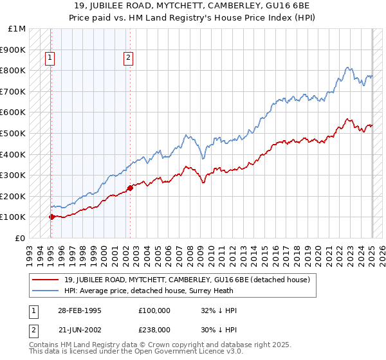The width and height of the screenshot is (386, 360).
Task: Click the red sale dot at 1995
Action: [x=51, y=217]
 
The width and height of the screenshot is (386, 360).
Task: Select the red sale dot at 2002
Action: [x=130, y=188]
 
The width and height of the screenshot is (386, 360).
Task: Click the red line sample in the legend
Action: [x=47, y=280]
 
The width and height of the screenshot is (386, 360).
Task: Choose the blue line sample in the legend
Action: [x=47, y=291]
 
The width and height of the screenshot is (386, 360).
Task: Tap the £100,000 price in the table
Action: [x=154, y=310]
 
